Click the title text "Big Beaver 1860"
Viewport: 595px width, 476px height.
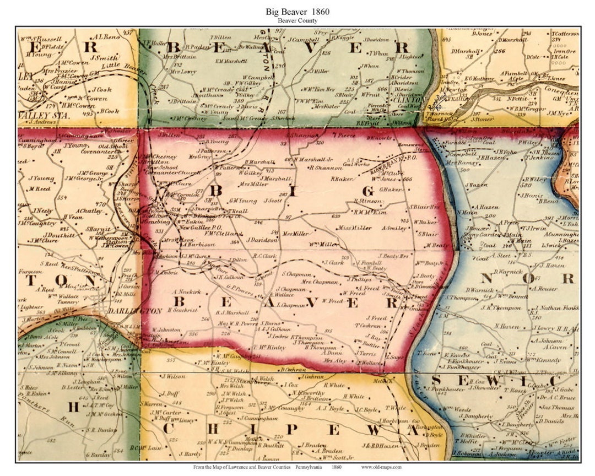tap(297, 11)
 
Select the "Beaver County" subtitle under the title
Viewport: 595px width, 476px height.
tap(297, 20)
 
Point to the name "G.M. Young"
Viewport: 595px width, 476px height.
tap(243, 201)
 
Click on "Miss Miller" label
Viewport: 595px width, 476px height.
tap(354, 228)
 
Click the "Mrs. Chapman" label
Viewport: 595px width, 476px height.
tap(320, 282)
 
